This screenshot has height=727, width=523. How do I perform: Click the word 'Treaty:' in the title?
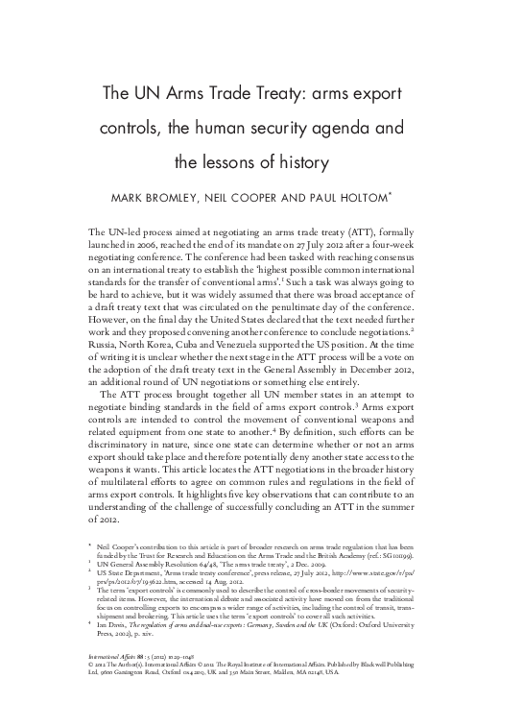253,92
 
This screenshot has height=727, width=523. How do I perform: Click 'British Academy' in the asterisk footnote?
389,554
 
